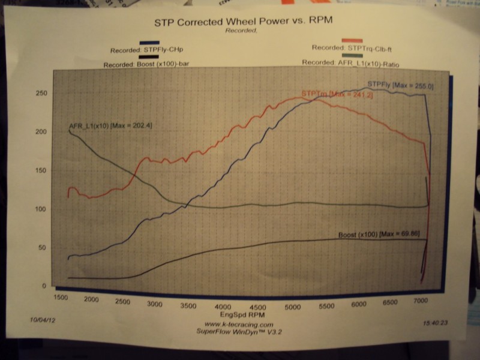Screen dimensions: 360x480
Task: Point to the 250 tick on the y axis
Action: (41, 94)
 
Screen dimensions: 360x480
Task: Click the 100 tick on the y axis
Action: (40, 209)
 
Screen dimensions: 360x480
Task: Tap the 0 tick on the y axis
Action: (44, 286)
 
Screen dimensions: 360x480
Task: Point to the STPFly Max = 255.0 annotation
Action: (400, 86)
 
